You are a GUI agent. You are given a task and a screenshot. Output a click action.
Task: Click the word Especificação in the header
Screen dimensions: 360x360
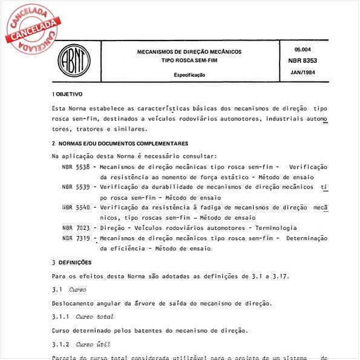click(189, 75)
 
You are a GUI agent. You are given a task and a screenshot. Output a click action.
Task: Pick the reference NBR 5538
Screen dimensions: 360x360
click(76, 166)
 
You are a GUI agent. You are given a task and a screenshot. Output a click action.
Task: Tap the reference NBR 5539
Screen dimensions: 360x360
click(76, 187)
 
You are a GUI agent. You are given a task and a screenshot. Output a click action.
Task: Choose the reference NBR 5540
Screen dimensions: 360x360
click(76, 208)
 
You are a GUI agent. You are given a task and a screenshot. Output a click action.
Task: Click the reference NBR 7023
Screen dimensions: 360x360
click(76, 228)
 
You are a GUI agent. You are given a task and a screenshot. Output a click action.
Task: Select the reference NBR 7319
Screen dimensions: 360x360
click(76, 238)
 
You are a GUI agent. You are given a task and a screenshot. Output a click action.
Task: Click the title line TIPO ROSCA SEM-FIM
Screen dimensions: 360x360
click(189, 61)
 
